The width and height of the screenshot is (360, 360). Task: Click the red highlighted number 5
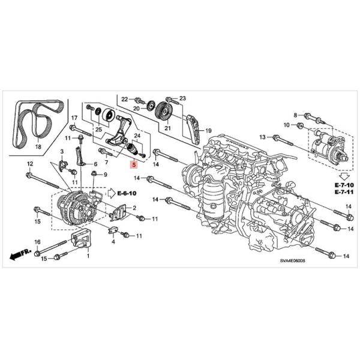click(134, 164)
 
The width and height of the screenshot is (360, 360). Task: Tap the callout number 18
click(38, 146)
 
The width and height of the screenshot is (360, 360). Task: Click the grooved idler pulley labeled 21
click(164, 112)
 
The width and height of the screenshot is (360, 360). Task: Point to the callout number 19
click(208, 131)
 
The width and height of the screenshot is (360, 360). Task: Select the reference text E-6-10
click(127, 193)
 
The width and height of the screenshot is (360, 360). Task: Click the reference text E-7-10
click(344, 185)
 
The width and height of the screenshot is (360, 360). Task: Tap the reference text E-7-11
click(344, 192)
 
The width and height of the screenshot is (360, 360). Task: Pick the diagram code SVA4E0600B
click(292, 261)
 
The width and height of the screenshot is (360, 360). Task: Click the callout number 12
click(30, 164)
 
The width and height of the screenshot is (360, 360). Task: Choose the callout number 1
click(88, 256)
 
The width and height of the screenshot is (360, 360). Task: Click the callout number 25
click(98, 130)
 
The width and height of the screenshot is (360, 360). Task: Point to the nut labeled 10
click(299, 125)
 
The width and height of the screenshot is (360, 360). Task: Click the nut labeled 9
click(94, 173)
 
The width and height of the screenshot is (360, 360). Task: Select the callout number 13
click(262, 137)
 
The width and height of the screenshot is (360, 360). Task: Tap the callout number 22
click(124, 99)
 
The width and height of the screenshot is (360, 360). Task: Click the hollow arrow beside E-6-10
click(112, 193)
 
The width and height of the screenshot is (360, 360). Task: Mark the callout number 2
click(134, 208)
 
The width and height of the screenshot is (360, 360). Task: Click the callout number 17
click(74, 118)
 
